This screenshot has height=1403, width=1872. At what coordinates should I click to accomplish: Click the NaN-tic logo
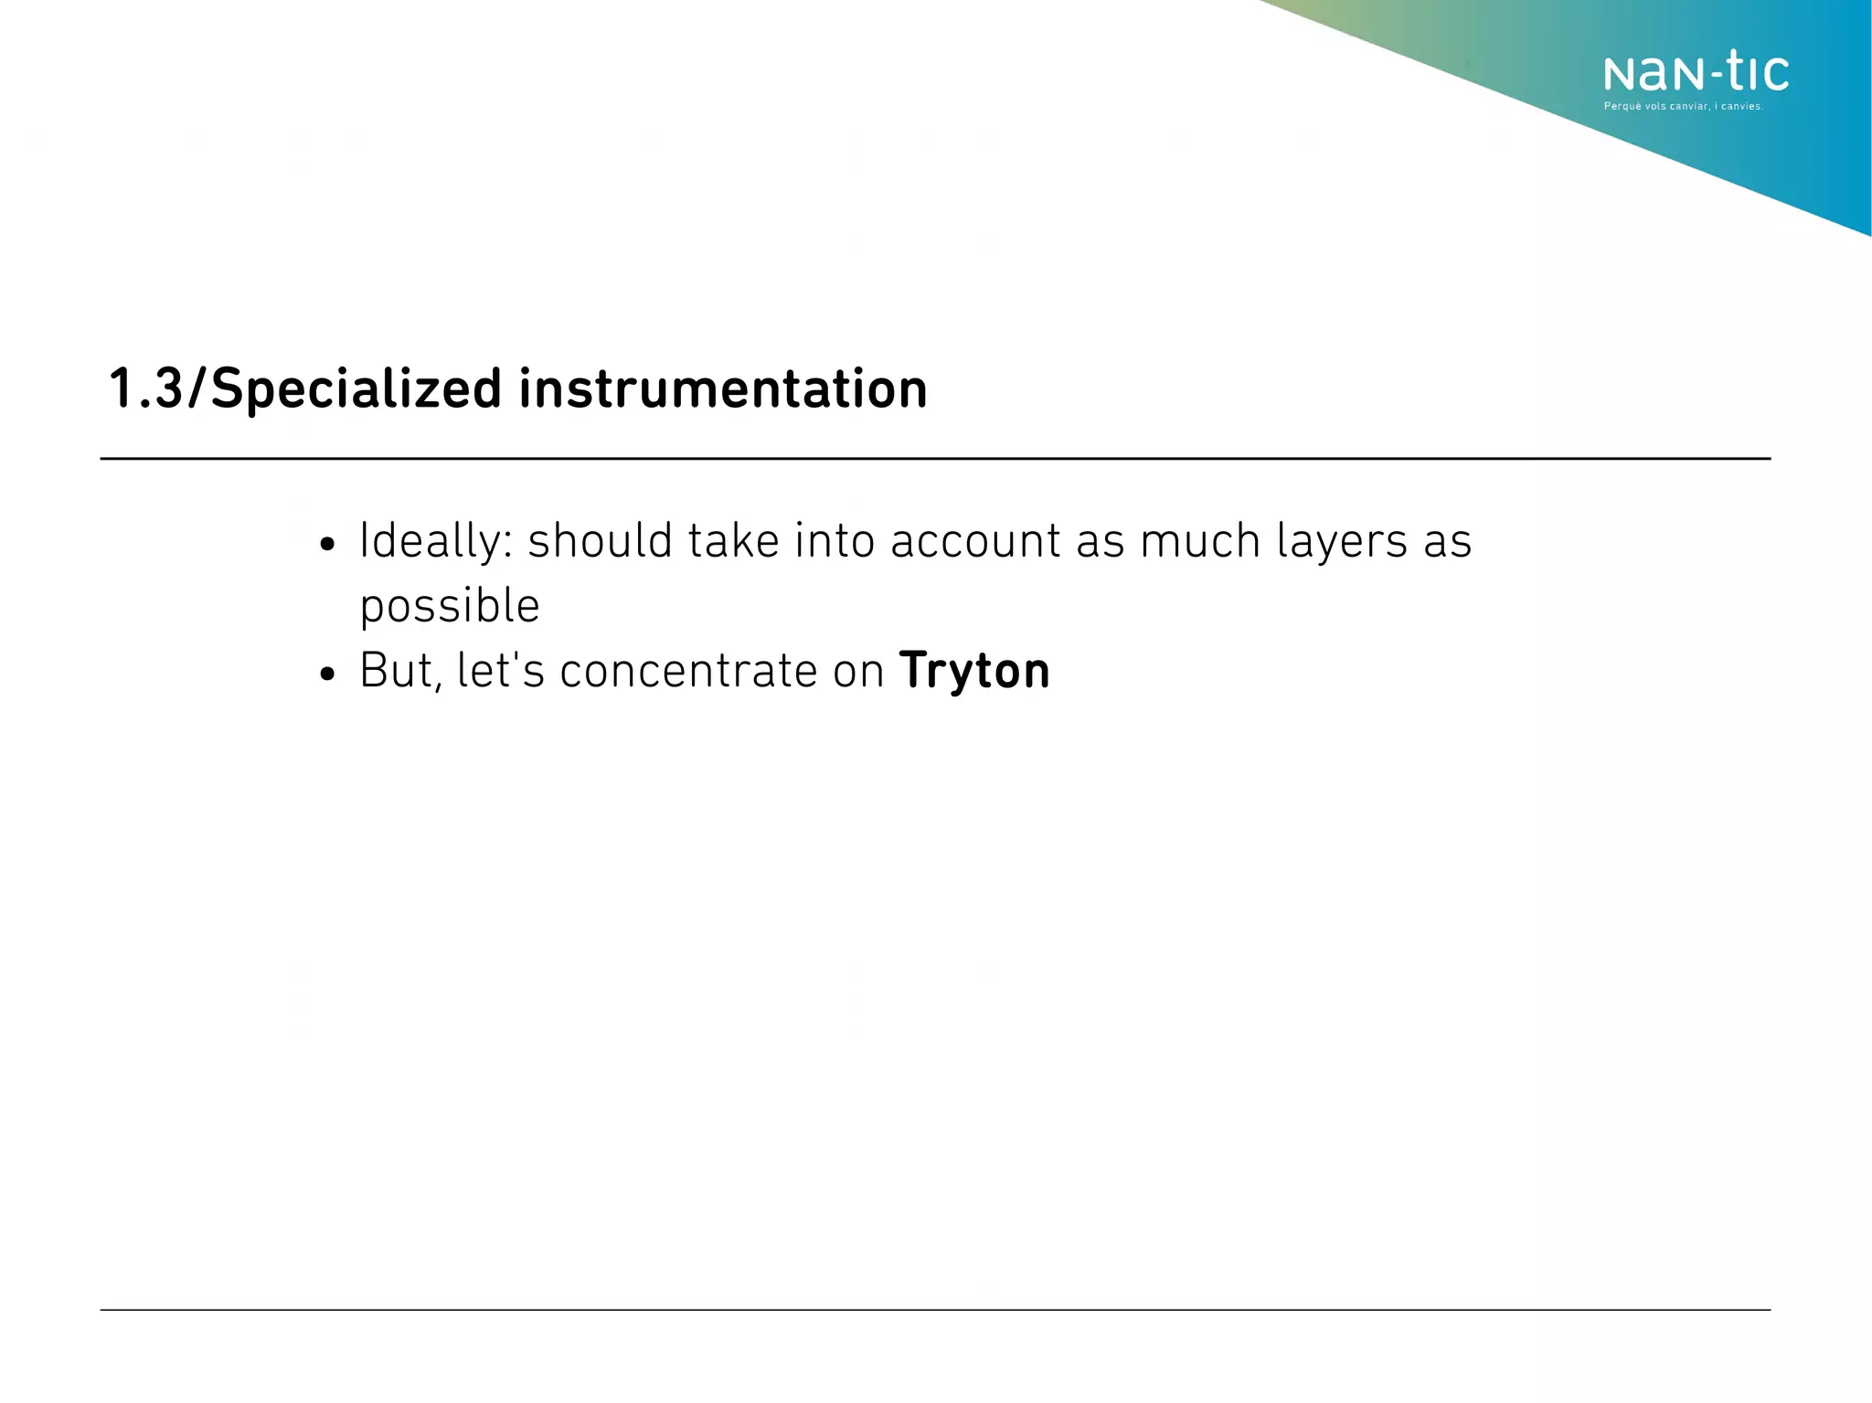1696,73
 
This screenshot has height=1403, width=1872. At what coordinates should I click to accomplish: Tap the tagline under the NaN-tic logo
1683,107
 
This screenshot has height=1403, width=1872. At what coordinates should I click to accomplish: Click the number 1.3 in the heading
145,388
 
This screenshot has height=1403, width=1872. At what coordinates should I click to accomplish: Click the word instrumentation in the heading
723,388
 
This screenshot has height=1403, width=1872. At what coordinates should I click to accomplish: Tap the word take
734,541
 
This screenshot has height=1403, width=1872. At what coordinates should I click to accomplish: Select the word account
975,541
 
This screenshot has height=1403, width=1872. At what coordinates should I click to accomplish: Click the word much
1200,541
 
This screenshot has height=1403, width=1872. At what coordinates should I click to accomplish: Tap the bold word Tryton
974,672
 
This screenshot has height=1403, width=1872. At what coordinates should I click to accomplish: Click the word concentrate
688,672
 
